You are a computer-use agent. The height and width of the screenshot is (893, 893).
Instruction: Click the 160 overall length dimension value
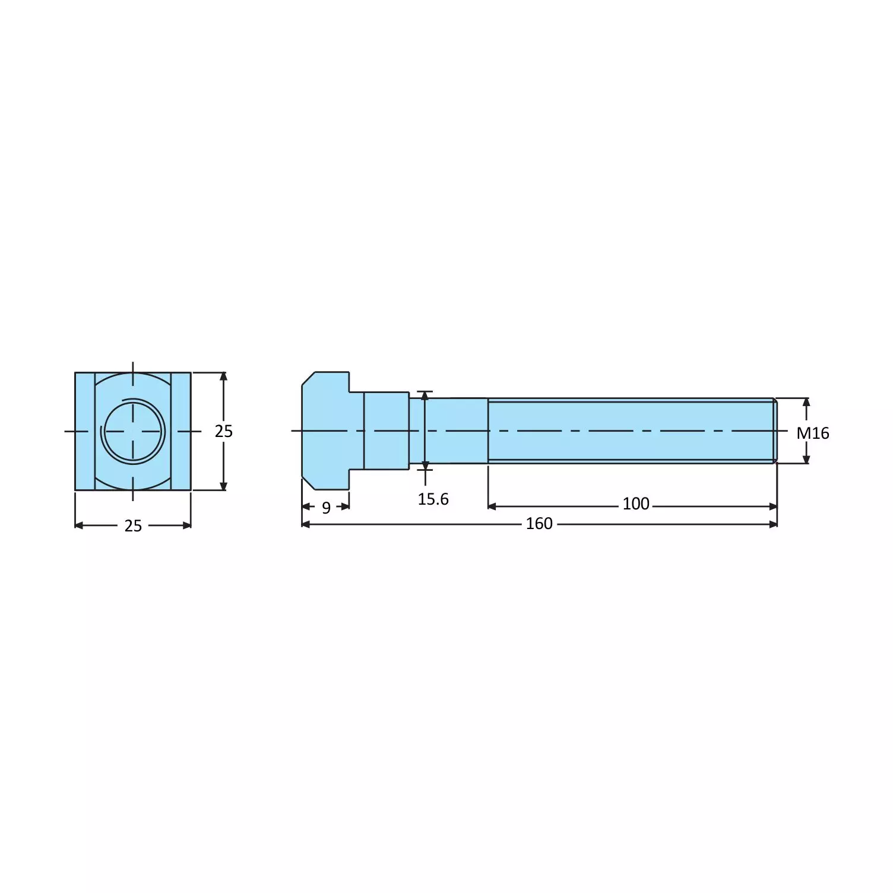(539, 524)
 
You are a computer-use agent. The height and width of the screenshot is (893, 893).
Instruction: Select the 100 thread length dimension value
(635, 504)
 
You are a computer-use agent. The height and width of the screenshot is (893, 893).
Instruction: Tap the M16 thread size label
(812, 433)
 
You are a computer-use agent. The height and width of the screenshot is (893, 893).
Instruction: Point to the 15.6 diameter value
(433, 499)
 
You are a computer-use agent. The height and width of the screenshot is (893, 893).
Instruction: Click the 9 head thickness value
(326, 508)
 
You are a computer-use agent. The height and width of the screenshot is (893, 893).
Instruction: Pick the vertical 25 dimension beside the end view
(223, 432)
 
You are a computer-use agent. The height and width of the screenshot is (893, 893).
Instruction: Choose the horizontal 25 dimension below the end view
(133, 526)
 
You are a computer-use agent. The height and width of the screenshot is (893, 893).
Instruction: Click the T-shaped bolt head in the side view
(325, 430)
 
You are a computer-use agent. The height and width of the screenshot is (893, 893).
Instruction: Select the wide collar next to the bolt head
(386, 430)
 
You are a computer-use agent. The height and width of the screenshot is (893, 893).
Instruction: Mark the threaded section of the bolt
(629, 430)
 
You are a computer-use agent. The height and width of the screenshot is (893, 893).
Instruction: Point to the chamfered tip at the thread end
(775, 430)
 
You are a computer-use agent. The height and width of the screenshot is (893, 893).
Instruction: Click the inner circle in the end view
(133, 430)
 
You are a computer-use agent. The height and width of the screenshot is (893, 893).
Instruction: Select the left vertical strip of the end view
(85, 431)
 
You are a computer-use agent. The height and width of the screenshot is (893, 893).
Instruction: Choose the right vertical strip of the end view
(181, 431)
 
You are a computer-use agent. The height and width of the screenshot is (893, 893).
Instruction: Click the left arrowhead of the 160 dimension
(306, 524)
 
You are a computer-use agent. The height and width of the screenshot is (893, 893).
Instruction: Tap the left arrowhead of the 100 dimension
(492, 506)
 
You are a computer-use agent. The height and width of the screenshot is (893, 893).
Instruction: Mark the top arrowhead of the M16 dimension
(806, 402)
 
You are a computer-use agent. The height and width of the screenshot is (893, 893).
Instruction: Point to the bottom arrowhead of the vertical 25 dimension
(223, 486)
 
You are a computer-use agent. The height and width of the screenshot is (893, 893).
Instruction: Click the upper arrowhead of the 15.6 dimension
(425, 396)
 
